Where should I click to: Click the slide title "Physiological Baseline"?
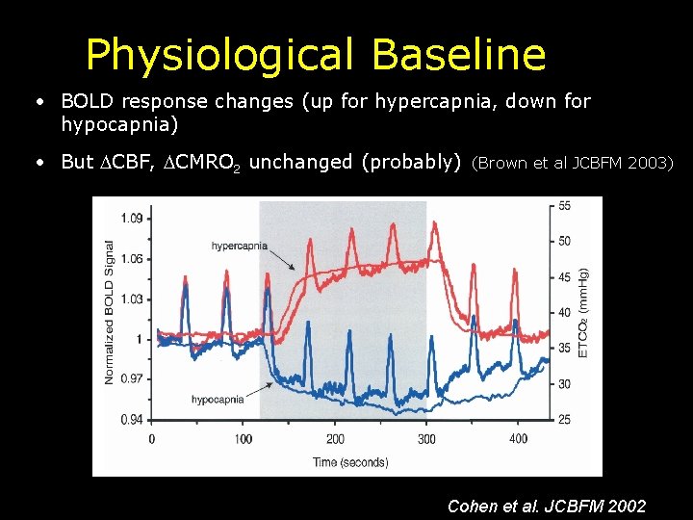click(315, 55)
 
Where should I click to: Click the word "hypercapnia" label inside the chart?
click(240, 247)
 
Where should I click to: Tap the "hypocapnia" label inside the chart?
click(217, 399)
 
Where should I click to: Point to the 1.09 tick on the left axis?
click(131, 219)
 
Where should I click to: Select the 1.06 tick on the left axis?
click(131, 258)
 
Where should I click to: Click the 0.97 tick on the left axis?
click(131, 378)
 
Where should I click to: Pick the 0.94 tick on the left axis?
click(131, 419)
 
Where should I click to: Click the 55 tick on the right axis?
click(564, 206)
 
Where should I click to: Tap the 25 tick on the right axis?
click(564, 419)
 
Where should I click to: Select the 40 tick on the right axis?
click(564, 312)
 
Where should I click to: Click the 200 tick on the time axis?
click(335, 439)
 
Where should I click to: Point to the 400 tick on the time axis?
click(519, 439)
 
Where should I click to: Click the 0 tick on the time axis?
click(151, 439)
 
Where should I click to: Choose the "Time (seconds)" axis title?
click(350, 462)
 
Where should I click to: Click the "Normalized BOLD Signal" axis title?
click(110, 312)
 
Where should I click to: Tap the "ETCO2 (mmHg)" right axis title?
click(583, 312)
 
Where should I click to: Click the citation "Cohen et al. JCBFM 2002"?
click(547, 506)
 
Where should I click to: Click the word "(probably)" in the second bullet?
click(411, 162)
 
